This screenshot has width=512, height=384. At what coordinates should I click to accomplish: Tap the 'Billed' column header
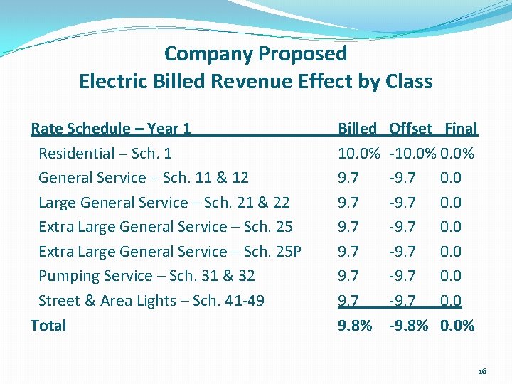pos(357,129)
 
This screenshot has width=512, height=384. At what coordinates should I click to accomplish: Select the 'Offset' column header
pos(410,129)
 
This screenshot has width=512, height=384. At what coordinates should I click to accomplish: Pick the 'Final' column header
pos(461,129)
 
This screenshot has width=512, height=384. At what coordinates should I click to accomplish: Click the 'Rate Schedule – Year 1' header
pos(111,129)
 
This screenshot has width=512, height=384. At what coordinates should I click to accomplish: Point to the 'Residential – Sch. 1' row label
pos(105,154)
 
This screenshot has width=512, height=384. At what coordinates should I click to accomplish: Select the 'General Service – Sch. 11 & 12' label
pos(143,178)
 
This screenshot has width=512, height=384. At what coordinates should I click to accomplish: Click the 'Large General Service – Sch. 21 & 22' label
pos(164,203)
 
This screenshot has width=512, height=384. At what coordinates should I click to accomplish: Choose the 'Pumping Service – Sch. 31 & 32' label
pos(146,276)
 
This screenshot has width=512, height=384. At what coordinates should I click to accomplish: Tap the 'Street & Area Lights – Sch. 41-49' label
pos(151,301)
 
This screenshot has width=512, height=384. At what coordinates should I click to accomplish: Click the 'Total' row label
pos(48,326)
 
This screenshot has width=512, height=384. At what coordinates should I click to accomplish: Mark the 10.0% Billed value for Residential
pos(360,154)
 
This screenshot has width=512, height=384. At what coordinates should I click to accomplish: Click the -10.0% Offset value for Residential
pos(413,154)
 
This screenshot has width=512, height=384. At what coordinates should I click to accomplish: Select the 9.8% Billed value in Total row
pos(355,326)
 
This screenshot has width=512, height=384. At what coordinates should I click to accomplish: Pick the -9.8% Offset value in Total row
pos(409,326)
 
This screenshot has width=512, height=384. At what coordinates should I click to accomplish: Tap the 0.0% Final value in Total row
pos(457,326)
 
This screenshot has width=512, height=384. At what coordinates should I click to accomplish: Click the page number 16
pos(482,372)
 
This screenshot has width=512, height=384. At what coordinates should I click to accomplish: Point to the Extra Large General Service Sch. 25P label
pos(170,252)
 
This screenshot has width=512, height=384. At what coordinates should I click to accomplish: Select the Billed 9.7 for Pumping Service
pos(348,276)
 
